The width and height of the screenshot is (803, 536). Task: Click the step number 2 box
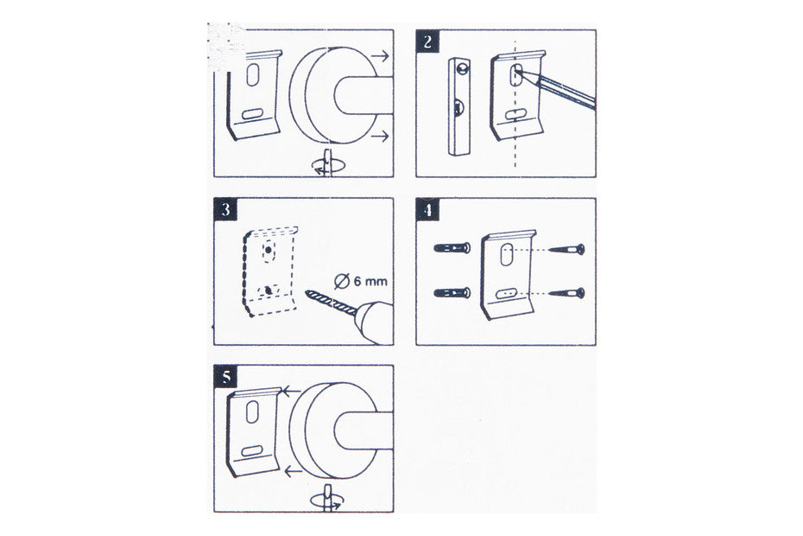[x=427, y=41]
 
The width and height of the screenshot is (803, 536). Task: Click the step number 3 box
[x=226, y=209]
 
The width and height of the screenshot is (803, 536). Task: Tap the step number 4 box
[x=427, y=209]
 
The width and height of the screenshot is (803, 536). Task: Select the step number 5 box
[x=226, y=377]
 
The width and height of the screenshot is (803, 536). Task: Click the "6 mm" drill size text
[x=370, y=281]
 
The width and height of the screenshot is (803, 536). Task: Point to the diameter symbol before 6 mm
[x=342, y=282]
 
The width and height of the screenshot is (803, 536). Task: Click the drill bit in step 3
[x=331, y=303]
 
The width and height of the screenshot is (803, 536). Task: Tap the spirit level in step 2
[x=458, y=106]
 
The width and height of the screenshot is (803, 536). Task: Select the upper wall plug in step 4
[x=452, y=248]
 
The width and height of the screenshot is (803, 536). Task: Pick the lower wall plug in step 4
[x=452, y=293]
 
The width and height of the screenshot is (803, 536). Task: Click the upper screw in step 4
[x=566, y=250]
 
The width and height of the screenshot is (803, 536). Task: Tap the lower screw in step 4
[x=566, y=293]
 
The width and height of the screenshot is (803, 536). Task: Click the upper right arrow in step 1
[x=380, y=56]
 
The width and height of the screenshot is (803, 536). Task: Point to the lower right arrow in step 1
[x=380, y=136]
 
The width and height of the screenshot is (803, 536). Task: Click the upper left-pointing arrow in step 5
[x=291, y=392]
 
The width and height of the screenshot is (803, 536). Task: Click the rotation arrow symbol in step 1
[x=329, y=164]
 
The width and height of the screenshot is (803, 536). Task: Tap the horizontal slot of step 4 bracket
[x=507, y=293]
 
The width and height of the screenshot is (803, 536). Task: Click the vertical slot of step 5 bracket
[x=252, y=412]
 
